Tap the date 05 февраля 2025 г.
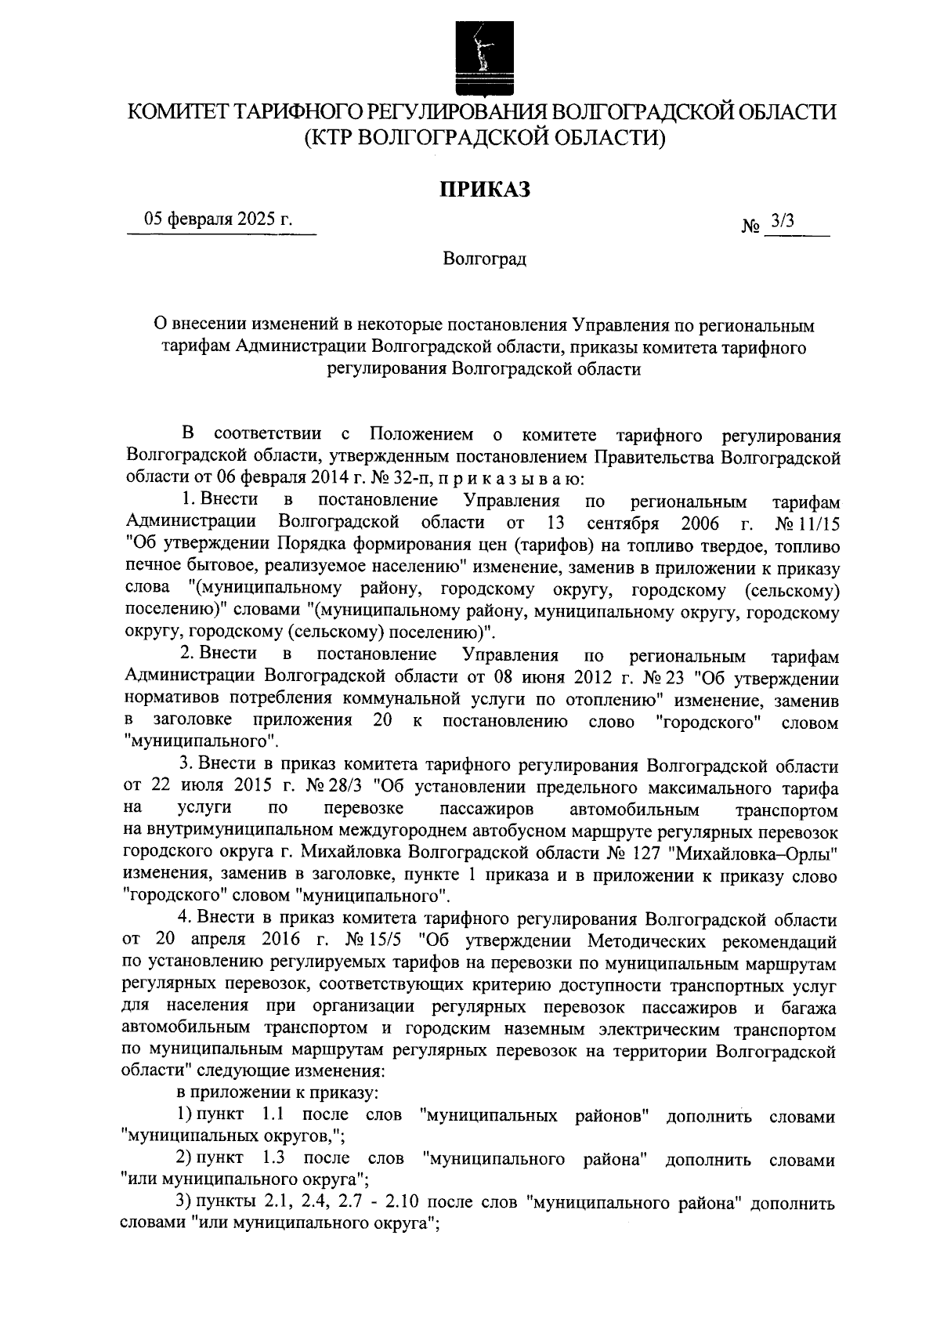[218, 219]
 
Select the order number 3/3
[782, 222]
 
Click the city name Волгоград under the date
[484, 259]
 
